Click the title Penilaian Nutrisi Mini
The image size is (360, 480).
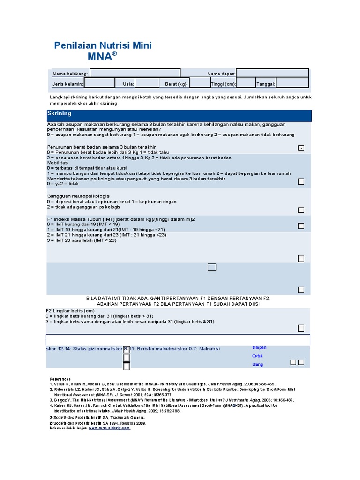coord(103,45)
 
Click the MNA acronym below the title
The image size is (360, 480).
coord(101,57)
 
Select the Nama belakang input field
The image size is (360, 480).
coord(135,74)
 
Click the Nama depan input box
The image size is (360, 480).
coord(272,74)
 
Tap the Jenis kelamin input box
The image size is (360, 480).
coord(99,83)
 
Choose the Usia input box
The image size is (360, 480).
coord(147,83)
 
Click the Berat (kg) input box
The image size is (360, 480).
coord(200,83)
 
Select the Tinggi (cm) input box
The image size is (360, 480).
coord(246,83)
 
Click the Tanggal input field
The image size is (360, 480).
coord(292,83)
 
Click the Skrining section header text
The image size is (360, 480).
coord(60,113)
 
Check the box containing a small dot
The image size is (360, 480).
coord(301,148)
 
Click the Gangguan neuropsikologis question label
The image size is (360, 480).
coord(78,196)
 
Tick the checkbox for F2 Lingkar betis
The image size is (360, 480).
coord(301,328)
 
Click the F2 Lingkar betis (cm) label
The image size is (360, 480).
coord(70,311)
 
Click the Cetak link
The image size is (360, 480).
coord(258,356)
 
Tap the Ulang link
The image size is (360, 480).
coord(258,365)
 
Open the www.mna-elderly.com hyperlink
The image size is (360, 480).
coord(109,428)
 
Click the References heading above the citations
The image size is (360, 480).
coord(60,379)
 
